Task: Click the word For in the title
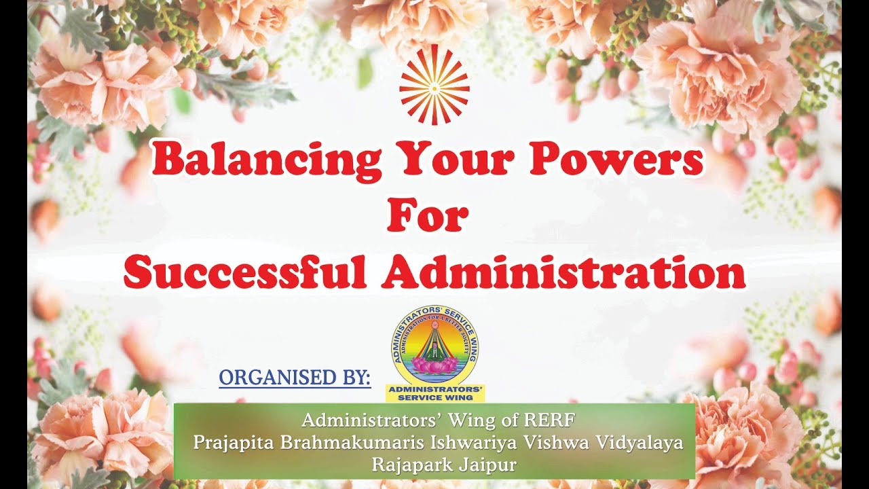428,215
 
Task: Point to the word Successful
245,272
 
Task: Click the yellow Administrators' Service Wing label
434,393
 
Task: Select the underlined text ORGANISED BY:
295,378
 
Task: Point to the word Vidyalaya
639,441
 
